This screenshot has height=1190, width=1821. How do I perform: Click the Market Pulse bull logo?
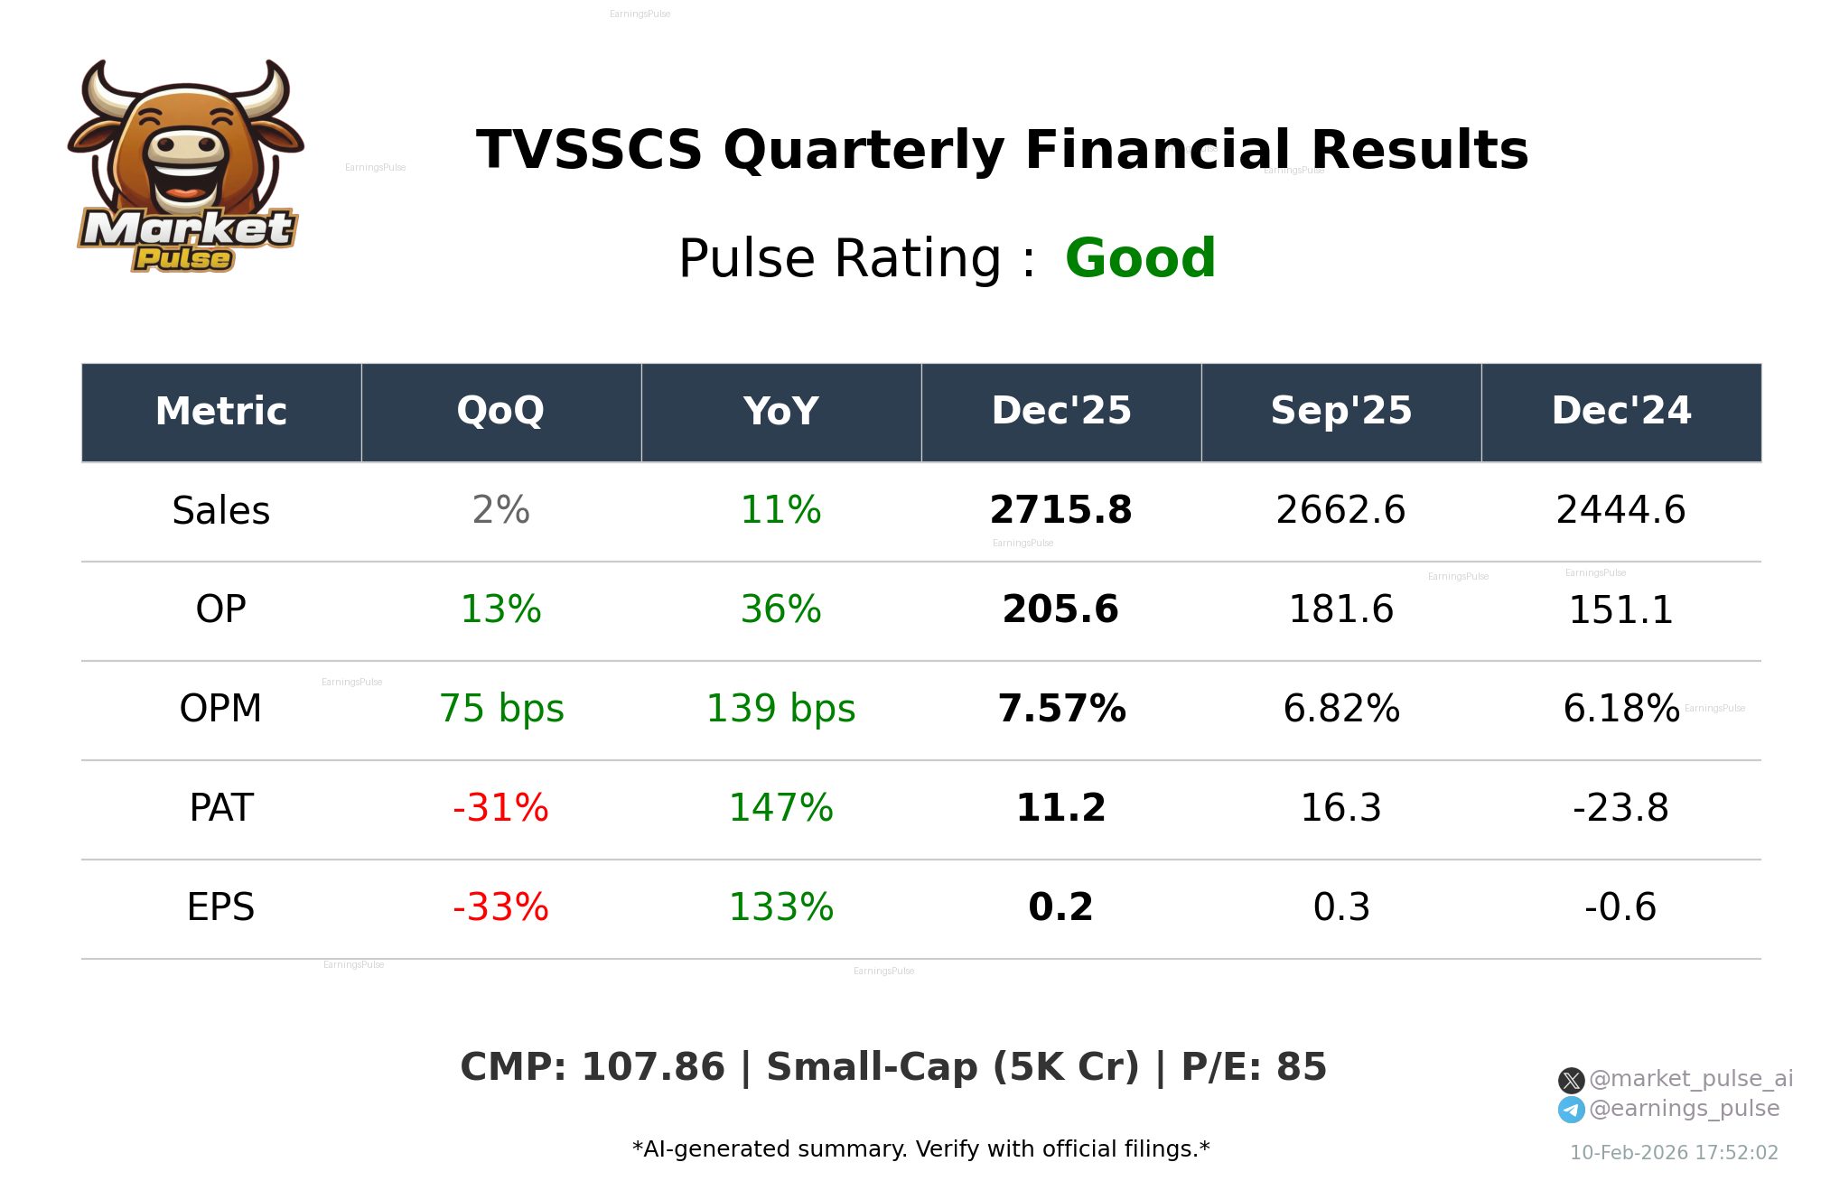pyautogui.click(x=186, y=166)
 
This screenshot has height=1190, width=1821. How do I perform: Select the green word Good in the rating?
pyautogui.click(x=1140, y=258)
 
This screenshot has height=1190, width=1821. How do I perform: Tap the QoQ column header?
pyautogui.click(x=500, y=412)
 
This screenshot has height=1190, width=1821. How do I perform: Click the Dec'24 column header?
pyautogui.click(x=1620, y=412)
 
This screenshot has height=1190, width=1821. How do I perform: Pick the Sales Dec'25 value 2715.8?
pyautogui.click(x=1060, y=510)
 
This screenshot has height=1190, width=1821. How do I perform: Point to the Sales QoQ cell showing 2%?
pyautogui.click(x=500, y=510)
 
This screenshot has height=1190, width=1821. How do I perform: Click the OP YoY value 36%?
pyautogui.click(x=780, y=609)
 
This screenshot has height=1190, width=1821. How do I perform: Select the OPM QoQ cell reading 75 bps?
pyautogui.click(x=501, y=709)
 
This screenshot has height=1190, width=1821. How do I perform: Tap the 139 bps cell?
pyautogui.click(x=780, y=709)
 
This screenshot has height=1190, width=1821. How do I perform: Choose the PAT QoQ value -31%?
pyautogui.click(x=500, y=808)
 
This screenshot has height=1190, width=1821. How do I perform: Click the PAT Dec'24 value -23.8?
pyautogui.click(x=1620, y=808)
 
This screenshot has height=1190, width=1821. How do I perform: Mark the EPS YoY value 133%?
pyautogui.click(x=780, y=907)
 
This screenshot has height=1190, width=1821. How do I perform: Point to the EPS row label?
pyautogui.click(x=221, y=907)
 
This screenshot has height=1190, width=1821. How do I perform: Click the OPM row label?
pyautogui.click(x=221, y=709)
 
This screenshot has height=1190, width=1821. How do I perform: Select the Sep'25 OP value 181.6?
pyautogui.click(x=1340, y=609)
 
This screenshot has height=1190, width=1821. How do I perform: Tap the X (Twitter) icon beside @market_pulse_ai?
pyautogui.click(x=1571, y=1080)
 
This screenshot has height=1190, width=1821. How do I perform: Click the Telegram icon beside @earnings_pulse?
pyautogui.click(x=1571, y=1110)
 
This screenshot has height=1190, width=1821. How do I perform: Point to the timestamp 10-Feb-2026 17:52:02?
pyautogui.click(x=1673, y=1153)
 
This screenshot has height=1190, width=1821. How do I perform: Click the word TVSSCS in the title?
pyautogui.click(x=589, y=150)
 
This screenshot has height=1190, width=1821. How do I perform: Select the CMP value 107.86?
pyautogui.click(x=652, y=1067)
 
